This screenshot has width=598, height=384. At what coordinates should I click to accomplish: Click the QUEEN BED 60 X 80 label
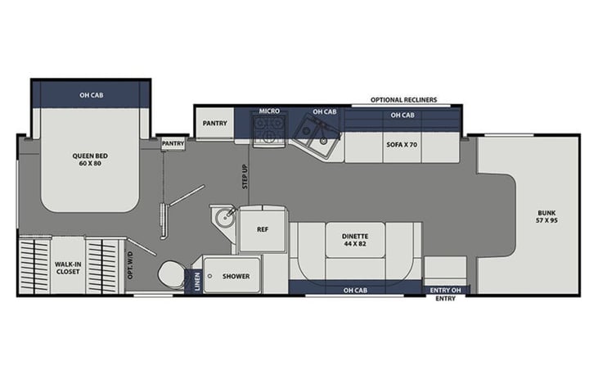click(x=90, y=160)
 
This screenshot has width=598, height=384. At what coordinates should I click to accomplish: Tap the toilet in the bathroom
click(x=171, y=274)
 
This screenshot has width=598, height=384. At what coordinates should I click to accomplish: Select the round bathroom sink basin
click(x=224, y=219)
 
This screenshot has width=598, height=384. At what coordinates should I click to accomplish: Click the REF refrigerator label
click(x=263, y=229)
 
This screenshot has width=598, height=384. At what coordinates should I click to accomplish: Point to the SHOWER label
click(x=236, y=276)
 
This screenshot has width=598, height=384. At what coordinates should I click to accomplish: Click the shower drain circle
click(x=209, y=276)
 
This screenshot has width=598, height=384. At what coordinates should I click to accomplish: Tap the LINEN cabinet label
click(x=197, y=282)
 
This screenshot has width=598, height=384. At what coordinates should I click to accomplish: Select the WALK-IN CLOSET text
click(x=68, y=268)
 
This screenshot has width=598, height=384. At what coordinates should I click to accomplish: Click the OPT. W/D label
click(x=130, y=265)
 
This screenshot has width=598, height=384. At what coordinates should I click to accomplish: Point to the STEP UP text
click(x=245, y=177)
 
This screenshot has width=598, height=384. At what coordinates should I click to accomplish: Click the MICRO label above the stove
click(x=269, y=111)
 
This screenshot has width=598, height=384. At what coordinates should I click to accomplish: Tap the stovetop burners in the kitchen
click(x=269, y=130)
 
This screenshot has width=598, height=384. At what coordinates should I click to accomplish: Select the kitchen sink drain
click(x=323, y=141)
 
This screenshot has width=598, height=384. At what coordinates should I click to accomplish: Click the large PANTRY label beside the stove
click(x=214, y=124)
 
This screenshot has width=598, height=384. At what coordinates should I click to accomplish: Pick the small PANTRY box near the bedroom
click(x=173, y=143)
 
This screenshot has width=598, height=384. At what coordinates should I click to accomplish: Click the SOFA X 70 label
click(x=402, y=145)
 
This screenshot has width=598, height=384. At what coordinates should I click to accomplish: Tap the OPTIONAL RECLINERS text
click(x=404, y=100)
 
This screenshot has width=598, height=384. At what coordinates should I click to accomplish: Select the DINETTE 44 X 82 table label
click(x=355, y=240)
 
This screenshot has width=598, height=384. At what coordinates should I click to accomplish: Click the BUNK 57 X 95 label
click(x=547, y=216)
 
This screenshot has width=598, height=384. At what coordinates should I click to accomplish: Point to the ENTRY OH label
click(x=446, y=291)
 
